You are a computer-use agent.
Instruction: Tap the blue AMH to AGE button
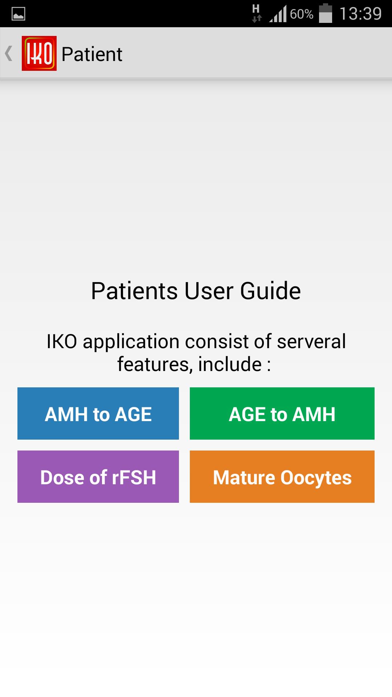click(x=98, y=413)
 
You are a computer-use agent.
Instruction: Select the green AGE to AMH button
click(x=282, y=413)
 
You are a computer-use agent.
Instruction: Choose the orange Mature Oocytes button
click(x=282, y=477)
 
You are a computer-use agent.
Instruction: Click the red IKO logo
click(x=39, y=53)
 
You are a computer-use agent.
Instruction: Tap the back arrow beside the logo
click(x=9, y=53)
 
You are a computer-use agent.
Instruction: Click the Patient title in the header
click(x=92, y=54)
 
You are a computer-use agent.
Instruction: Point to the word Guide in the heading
click(x=270, y=291)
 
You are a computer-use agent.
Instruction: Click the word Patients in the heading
click(x=134, y=291)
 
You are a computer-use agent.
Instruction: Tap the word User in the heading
click(x=209, y=291)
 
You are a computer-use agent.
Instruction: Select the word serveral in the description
click(x=311, y=341)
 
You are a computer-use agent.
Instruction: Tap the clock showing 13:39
click(x=360, y=14)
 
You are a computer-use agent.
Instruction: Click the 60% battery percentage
click(x=302, y=14)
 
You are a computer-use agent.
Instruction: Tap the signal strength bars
click(x=278, y=14)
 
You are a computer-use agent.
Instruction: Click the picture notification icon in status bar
click(x=19, y=14)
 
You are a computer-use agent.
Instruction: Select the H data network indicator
click(x=256, y=13)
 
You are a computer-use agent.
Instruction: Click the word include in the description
click(x=230, y=364)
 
